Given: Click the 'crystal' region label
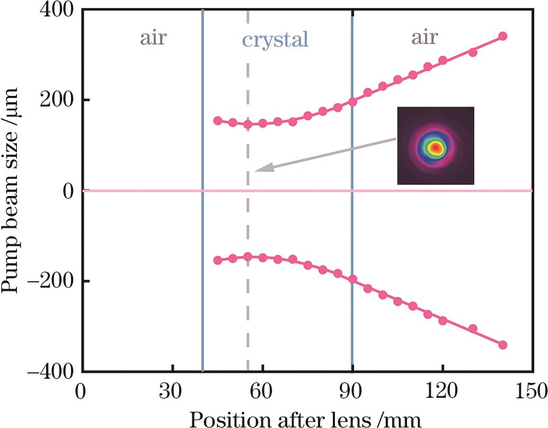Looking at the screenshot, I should click(275, 40).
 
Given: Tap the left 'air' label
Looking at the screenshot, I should click(153, 38).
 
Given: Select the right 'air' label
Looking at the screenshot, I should click(425, 38).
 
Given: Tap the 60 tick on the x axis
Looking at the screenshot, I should click(262, 394).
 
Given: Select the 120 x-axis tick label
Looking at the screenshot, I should click(443, 394).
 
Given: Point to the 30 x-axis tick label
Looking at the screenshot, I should click(173, 394).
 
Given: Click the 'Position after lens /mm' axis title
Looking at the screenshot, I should click(306, 419).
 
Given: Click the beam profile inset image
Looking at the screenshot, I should click(435, 146).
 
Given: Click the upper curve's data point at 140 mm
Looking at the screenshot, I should click(503, 36).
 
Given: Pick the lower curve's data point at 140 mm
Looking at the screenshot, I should click(503, 345).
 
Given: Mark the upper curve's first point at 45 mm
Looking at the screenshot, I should click(217, 121).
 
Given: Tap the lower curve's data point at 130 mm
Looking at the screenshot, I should click(473, 329).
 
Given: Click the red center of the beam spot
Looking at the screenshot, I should click(436, 147).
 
